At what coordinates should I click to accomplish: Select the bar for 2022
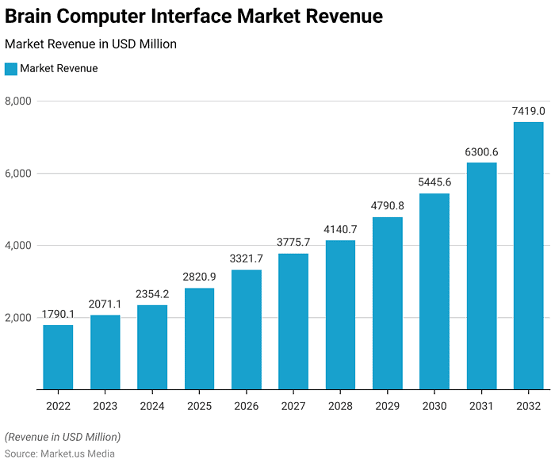pyautogui.click(x=58, y=358)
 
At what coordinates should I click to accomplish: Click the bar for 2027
pyautogui.click(x=293, y=321)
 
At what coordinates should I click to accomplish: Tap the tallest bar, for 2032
pyautogui.click(x=528, y=255)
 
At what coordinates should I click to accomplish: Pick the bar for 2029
pyautogui.click(x=387, y=303)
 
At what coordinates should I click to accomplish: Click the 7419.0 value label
pyautogui.click(x=528, y=112)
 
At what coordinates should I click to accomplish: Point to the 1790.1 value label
pyautogui.click(x=58, y=315)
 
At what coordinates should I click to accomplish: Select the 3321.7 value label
pyautogui.click(x=246, y=259)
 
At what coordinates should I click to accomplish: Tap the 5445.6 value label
pyautogui.click(x=434, y=183)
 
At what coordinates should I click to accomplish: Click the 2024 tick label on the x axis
pyautogui.click(x=152, y=406)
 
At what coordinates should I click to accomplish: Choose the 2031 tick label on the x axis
pyautogui.click(x=481, y=406)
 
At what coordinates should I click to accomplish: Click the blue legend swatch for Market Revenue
pyautogui.click(x=10, y=69)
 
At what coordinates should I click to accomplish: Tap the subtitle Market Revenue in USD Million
pyautogui.click(x=90, y=44)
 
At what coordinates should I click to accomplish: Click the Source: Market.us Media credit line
pyautogui.click(x=59, y=453)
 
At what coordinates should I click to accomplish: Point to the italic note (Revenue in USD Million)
pyautogui.click(x=63, y=437)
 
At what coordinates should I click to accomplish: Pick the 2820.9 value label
pyautogui.click(x=199, y=277)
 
